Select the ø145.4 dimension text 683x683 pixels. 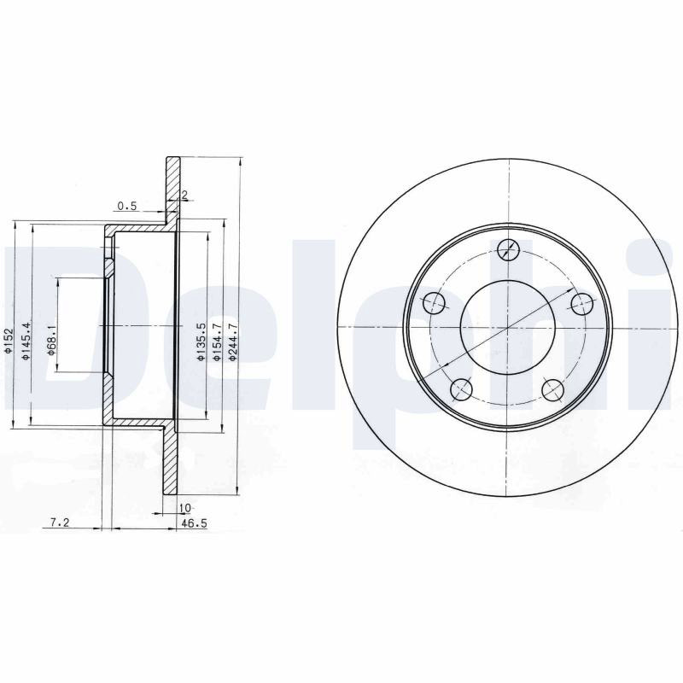26,341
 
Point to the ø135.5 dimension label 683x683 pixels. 201,342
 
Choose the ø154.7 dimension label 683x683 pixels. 218,342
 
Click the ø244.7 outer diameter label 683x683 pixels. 233,342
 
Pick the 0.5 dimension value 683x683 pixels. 127,206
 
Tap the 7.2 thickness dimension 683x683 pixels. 60,522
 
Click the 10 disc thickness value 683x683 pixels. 184,508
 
